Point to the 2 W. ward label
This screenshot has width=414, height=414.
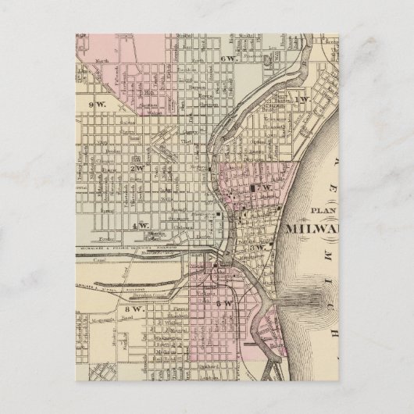(138, 166)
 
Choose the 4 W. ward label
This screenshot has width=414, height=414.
(141, 226)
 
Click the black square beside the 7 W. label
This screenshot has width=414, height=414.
(255, 189)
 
